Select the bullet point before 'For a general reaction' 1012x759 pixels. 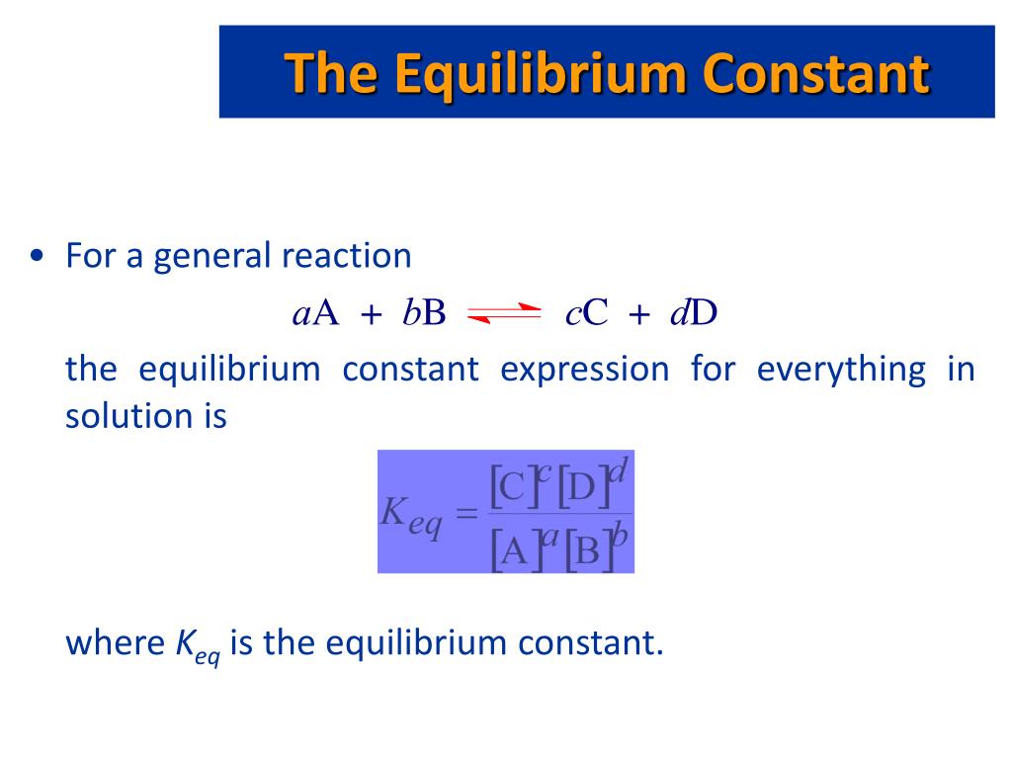click(x=37, y=257)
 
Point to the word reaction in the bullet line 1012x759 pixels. click(x=346, y=256)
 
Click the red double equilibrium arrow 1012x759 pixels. click(x=504, y=314)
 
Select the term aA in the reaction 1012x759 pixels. click(x=316, y=313)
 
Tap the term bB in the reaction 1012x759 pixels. click(x=425, y=313)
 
